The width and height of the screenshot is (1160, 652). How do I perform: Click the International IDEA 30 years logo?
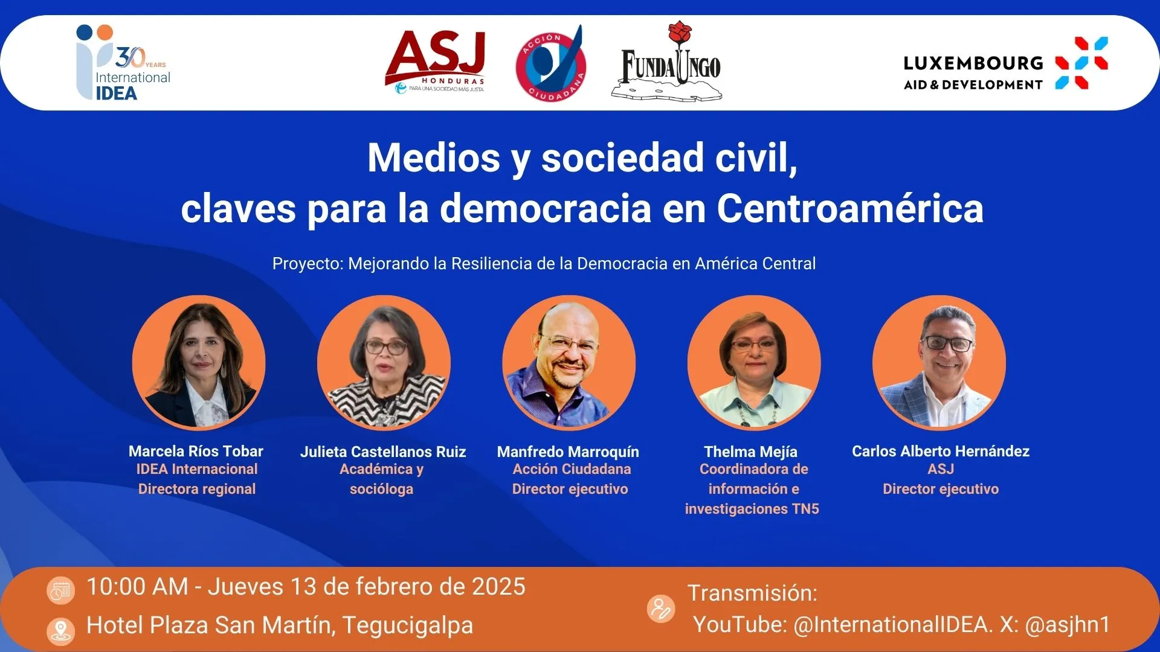124,63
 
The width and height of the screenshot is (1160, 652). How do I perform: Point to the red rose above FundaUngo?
680,33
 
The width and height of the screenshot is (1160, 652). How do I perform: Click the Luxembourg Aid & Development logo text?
973,73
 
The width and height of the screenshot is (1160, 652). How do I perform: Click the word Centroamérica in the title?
850,209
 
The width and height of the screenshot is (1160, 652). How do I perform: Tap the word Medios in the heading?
434,158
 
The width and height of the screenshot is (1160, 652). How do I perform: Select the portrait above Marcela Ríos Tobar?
199,362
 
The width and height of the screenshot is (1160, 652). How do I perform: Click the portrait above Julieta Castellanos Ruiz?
384,362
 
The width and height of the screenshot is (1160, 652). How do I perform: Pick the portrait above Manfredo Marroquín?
569,362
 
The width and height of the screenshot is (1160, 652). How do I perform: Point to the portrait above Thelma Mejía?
754,362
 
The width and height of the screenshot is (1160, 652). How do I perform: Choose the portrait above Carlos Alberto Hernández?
939,362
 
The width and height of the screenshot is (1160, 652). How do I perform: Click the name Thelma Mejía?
751,452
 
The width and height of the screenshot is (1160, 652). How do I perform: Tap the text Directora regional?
197,489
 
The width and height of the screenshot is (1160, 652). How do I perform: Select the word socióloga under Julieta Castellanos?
382,489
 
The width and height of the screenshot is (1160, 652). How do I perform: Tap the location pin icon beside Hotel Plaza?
60,631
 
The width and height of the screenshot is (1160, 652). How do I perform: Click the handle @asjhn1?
1068,625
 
